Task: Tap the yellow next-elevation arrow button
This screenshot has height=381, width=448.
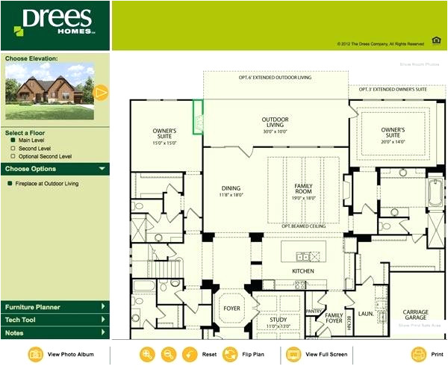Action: click(102, 93)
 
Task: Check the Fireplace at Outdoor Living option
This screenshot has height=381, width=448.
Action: click(9, 183)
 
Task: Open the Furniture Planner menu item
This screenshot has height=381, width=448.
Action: click(55, 307)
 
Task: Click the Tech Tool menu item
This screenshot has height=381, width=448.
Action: click(55, 320)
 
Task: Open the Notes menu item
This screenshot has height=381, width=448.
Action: click(55, 332)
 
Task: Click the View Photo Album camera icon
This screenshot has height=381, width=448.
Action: click(35, 354)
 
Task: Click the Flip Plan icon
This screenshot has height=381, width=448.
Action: click(230, 354)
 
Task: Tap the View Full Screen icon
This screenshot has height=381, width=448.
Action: click(293, 354)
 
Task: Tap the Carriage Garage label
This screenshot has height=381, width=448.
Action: click(416, 315)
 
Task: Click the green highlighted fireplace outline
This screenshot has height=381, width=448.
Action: click(199, 118)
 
